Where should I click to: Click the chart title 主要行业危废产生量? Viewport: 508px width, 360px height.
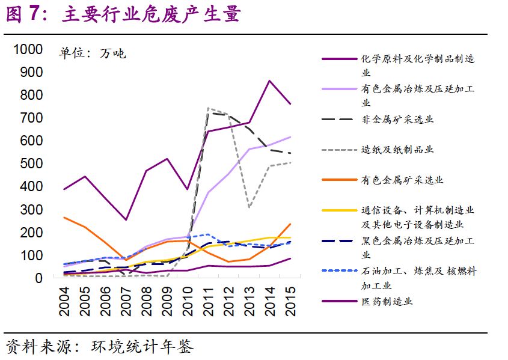click(150, 15)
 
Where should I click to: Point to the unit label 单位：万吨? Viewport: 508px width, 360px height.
click(92, 53)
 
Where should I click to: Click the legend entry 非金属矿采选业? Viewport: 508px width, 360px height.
click(397, 120)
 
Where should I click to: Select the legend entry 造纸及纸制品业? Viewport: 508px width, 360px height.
click(397, 150)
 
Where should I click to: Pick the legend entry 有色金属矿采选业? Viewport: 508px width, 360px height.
click(402, 180)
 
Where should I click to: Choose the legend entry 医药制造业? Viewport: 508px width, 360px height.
click(387, 301)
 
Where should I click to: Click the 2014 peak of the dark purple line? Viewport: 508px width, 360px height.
click(270, 81)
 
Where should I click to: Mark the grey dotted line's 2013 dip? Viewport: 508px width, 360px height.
click(249, 207)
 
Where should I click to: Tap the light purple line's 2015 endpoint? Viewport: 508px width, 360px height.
click(290, 137)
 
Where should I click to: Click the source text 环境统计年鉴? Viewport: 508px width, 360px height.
click(143, 347)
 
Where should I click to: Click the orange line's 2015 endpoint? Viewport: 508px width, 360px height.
click(290, 224)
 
